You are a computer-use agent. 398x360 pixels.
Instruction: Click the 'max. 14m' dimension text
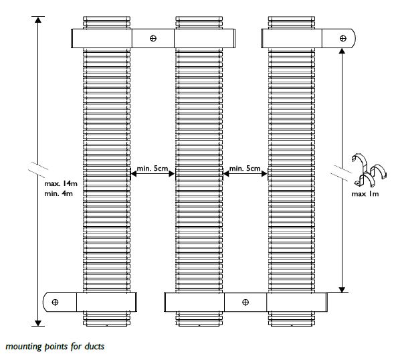[x=61, y=183]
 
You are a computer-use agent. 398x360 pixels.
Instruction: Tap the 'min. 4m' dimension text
[x=58, y=193]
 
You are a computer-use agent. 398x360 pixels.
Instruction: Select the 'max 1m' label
[x=365, y=194]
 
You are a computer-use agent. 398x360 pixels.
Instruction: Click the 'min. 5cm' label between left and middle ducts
[x=153, y=169]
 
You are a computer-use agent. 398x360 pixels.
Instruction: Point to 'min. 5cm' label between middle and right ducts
[x=245, y=169]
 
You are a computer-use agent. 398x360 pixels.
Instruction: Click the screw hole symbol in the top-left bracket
[x=153, y=38]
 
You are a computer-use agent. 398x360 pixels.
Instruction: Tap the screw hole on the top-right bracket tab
[x=343, y=38]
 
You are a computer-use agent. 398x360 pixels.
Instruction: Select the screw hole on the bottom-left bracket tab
[x=55, y=302]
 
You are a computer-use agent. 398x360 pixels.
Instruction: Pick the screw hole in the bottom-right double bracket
[x=245, y=302]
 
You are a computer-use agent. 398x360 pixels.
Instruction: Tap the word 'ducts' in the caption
[x=94, y=347]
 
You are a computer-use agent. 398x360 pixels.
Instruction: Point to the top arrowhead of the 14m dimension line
[x=38, y=20]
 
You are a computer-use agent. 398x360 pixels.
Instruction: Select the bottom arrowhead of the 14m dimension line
[x=38, y=323]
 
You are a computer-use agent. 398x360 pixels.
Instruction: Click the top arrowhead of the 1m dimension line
[x=342, y=52]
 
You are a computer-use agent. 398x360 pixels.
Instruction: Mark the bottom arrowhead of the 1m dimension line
[x=342, y=290]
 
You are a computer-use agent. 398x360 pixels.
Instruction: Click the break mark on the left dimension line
[x=38, y=169]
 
